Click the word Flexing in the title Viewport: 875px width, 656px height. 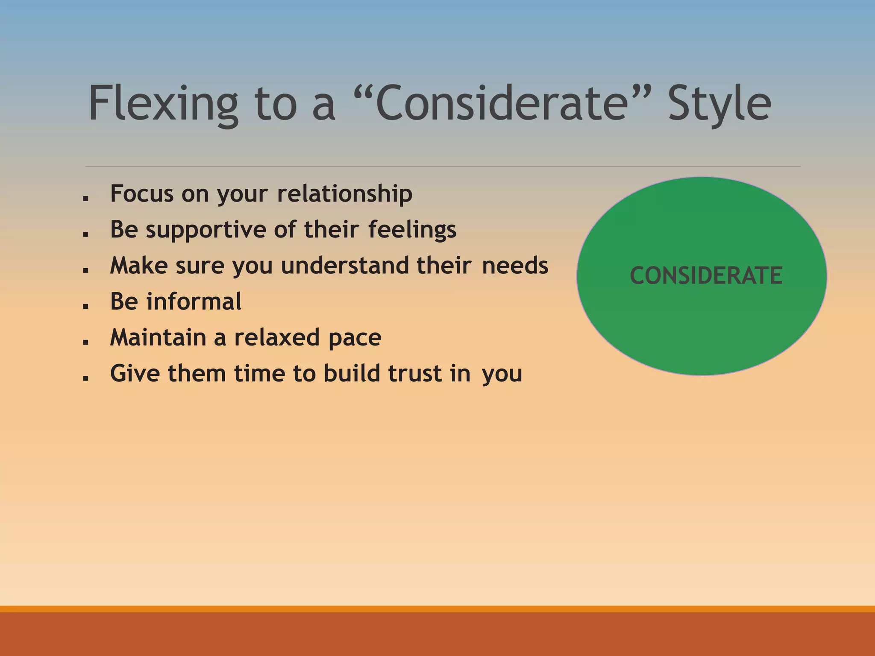point(163,104)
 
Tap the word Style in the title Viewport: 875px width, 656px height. point(719,104)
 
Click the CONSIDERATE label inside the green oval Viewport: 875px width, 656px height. point(706,275)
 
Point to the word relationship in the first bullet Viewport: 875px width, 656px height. point(344,194)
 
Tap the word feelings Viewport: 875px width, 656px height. point(412,229)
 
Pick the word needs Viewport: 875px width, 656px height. point(515,266)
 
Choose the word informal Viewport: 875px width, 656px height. point(194,302)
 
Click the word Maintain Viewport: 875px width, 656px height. point(158,337)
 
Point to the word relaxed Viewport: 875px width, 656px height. point(277,337)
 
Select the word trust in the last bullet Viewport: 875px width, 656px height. point(414,373)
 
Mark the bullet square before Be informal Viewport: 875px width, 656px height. point(86,306)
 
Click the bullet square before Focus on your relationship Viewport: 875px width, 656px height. point(86,198)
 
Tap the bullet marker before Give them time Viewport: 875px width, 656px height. point(86,378)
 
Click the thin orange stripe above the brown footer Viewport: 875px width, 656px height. point(437,609)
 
